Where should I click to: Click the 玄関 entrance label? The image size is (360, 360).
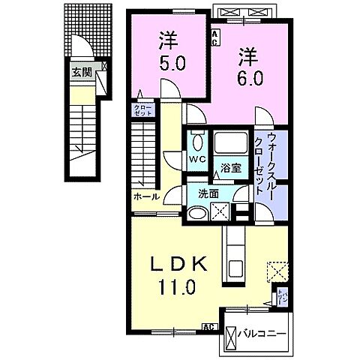(81, 73)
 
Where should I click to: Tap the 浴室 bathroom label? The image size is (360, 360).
(229, 169)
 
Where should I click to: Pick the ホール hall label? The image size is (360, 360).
(145, 196)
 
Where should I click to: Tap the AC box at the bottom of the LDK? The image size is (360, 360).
(209, 328)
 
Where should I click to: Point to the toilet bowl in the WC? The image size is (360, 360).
(198, 140)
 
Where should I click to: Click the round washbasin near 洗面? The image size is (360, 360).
(196, 214)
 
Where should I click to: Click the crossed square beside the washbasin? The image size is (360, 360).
(221, 213)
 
